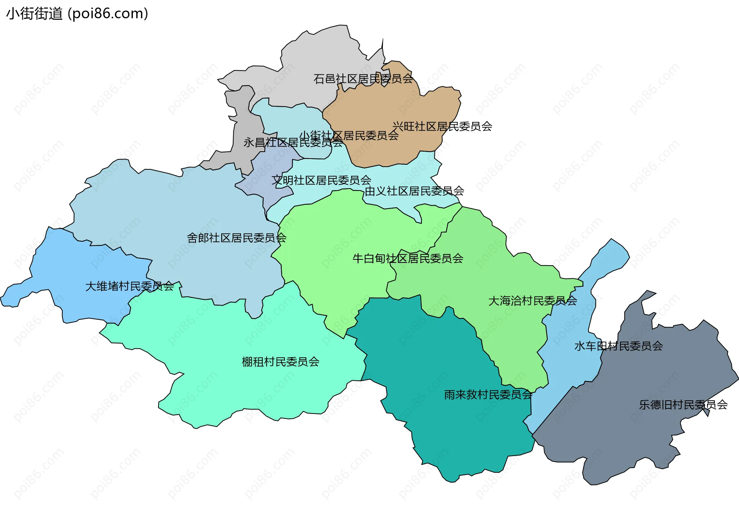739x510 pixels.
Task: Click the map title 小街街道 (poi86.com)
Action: tap(77, 14)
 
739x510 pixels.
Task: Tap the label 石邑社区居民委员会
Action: tap(363, 79)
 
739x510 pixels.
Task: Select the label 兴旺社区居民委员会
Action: tap(442, 126)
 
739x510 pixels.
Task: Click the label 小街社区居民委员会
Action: tap(349, 135)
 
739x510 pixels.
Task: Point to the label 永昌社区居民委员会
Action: tap(293, 143)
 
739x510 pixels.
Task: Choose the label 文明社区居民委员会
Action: tap(321, 180)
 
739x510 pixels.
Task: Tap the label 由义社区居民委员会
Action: tap(414, 191)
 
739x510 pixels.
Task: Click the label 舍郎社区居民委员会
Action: tap(236, 238)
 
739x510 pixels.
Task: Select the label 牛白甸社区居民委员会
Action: tap(408, 258)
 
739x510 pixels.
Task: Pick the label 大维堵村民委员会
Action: tap(129, 286)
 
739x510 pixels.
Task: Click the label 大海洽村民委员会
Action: tap(532, 301)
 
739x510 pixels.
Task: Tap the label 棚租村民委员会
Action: tap(280, 362)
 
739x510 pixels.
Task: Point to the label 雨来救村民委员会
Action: tap(488, 395)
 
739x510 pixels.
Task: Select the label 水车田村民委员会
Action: tap(618, 346)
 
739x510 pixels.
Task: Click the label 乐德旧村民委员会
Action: tap(683, 405)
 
